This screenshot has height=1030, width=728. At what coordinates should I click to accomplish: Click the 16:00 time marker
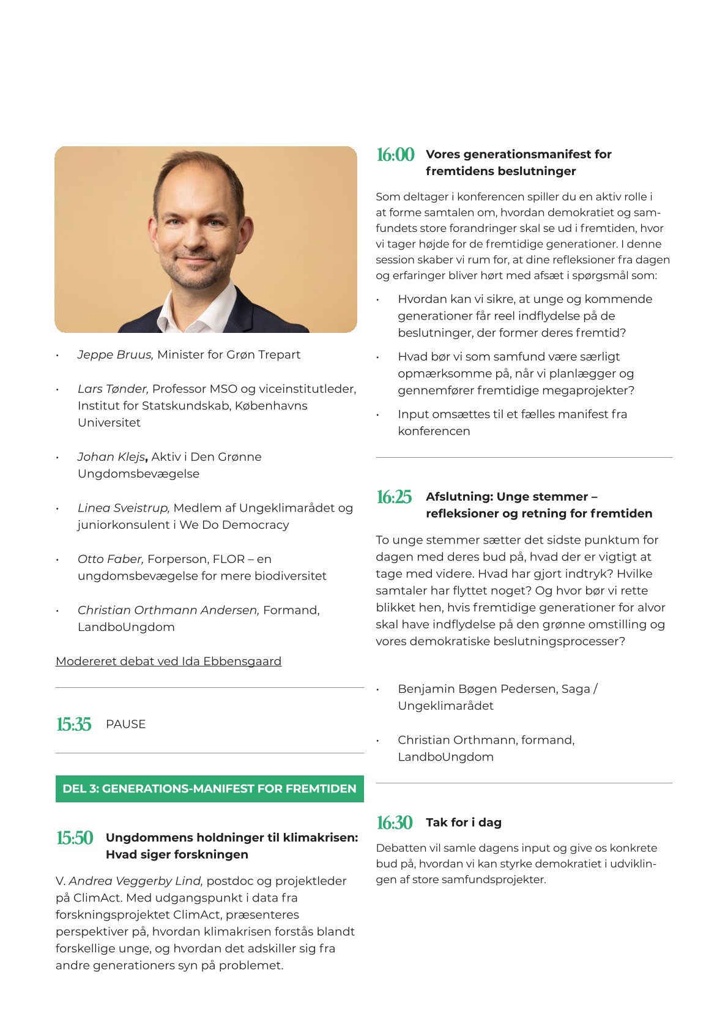click(x=395, y=155)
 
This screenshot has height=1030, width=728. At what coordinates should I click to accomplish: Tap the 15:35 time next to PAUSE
click(x=74, y=725)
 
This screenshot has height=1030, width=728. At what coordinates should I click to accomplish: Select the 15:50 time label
click(x=75, y=838)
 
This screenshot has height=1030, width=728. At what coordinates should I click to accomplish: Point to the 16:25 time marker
click(x=394, y=497)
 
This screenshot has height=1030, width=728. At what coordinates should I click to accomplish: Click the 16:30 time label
click(x=395, y=823)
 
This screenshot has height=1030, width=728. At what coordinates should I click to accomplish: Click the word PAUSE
click(x=125, y=724)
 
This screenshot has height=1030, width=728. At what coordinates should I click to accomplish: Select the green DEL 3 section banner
click(x=209, y=789)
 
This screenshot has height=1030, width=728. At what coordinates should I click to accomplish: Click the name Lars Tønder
click(x=113, y=389)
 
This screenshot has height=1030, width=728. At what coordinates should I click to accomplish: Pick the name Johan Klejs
click(x=111, y=457)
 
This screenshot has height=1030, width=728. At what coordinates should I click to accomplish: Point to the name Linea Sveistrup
click(x=123, y=508)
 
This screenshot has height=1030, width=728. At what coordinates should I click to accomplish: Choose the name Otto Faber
click(x=110, y=559)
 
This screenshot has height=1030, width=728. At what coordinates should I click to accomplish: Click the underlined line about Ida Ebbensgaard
click(x=168, y=662)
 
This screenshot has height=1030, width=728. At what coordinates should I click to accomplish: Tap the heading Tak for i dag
click(x=464, y=823)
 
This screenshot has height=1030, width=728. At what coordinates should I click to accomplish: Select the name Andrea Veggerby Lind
click(x=135, y=881)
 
